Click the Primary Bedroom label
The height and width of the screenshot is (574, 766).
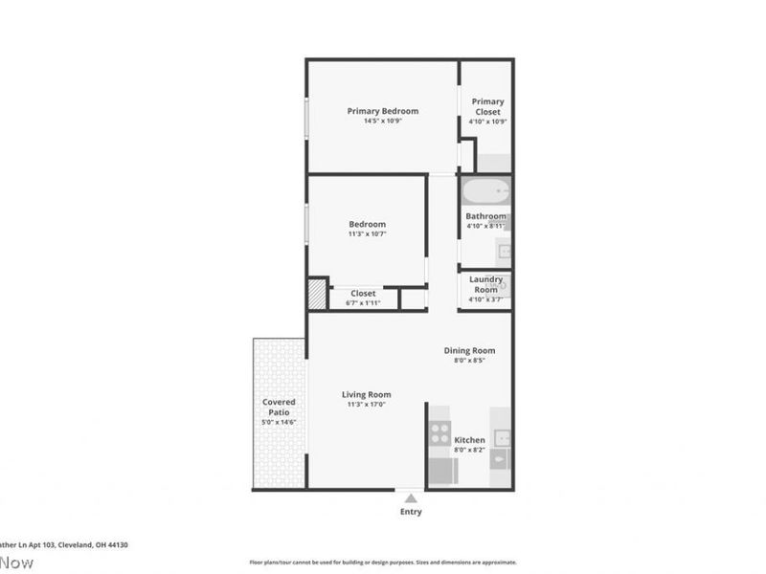(x=382, y=111)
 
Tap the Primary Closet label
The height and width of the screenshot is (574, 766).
(x=487, y=106)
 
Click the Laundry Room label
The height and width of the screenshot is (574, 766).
(x=486, y=284)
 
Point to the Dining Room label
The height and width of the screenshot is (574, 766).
(x=469, y=350)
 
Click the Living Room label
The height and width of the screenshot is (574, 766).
(x=367, y=394)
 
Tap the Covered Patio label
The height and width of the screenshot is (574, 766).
(x=279, y=407)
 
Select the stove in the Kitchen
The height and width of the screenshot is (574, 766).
(x=439, y=432)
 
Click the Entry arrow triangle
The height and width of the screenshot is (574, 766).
(x=411, y=497)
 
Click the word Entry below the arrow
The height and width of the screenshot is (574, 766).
(x=411, y=512)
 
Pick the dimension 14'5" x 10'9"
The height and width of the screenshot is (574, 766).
(x=382, y=121)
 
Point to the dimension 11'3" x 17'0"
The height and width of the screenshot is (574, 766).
(x=367, y=405)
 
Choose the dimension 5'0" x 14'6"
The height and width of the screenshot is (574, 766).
(x=279, y=422)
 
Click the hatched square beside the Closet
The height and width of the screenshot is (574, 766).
(x=317, y=295)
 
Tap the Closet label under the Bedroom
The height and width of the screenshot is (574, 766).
(x=363, y=294)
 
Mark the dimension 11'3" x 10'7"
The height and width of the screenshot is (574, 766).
(x=367, y=234)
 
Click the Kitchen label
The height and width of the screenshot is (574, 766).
(x=469, y=440)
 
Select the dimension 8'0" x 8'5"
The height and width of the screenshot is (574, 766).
(x=469, y=361)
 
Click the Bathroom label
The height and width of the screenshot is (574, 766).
(x=485, y=216)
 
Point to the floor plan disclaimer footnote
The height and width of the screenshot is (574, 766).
(x=383, y=563)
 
